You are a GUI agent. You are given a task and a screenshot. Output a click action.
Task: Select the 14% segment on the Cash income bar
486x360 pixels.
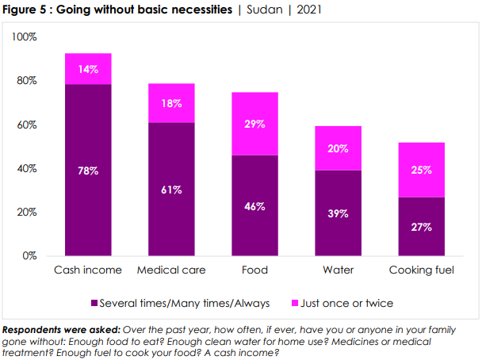88,69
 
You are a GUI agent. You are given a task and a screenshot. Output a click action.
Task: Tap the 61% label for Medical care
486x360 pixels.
171,190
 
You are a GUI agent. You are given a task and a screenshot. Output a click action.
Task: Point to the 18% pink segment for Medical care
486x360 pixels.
171,103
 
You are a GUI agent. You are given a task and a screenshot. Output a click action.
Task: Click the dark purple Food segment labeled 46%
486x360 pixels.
254,205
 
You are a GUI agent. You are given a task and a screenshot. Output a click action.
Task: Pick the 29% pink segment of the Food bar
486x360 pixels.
254,125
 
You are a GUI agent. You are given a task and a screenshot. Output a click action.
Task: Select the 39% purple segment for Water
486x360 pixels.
338,213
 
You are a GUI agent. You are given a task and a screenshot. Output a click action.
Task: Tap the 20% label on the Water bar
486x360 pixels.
338,148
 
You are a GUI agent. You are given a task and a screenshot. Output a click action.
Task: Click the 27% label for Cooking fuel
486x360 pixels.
421,227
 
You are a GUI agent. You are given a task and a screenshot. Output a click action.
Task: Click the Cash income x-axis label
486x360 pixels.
88,270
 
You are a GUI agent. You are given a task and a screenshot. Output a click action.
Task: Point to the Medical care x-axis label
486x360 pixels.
171,270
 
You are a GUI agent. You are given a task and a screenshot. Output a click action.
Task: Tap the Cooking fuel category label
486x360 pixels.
421,270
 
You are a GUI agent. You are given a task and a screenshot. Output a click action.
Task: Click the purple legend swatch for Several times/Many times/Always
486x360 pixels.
96,303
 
